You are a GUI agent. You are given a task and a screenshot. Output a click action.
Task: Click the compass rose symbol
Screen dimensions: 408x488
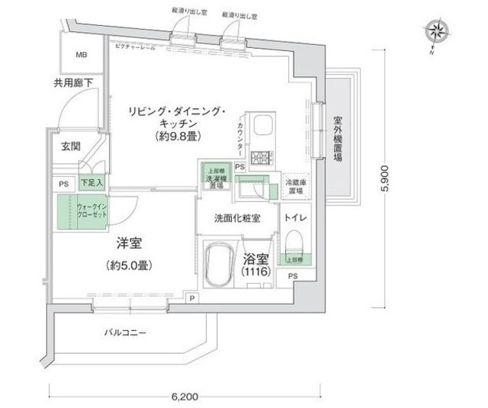coord(438,31)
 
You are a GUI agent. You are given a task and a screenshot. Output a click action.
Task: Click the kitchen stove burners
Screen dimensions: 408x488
coord(264,158)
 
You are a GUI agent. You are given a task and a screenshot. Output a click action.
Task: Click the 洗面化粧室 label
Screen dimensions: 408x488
coord(238,217)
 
